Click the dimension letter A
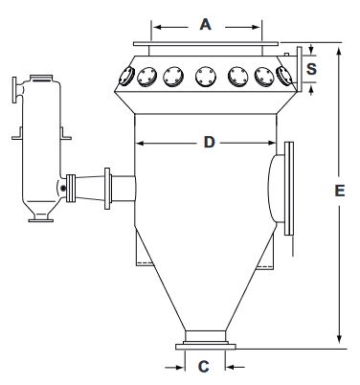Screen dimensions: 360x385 coord(206,24)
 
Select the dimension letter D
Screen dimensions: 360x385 coord(209,142)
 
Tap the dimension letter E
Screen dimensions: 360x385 coord(340,191)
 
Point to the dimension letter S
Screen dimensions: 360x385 coord(311,69)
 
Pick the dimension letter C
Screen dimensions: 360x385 coord(203,367)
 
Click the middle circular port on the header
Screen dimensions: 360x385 coord(206,77)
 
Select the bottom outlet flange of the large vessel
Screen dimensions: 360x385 coord(206,347)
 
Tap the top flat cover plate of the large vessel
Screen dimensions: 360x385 coord(206,43)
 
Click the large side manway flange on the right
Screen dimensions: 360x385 coord(289,189)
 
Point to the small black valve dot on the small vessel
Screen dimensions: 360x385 coord(63,189)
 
